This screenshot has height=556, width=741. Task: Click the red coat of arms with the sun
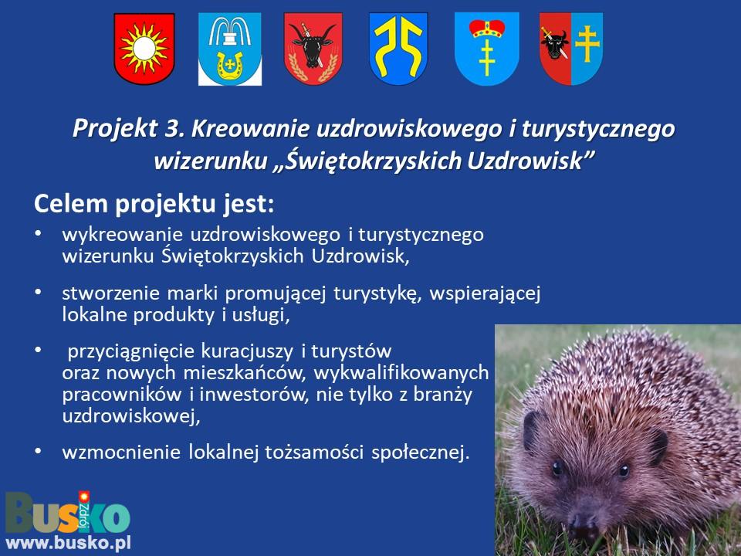(x=144, y=49)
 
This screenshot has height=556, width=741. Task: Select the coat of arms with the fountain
(x=230, y=49)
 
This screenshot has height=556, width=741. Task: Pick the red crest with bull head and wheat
(x=313, y=49)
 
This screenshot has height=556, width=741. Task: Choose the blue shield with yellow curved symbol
(x=398, y=49)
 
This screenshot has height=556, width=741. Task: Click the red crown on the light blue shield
(x=487, y=29)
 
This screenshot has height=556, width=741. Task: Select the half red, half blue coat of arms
(x=571, y=49)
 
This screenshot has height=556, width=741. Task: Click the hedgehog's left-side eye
(x=557, y=468)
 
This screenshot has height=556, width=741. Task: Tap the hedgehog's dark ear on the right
(x=658, y=446)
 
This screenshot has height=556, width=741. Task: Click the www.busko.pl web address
(x=68, y=543)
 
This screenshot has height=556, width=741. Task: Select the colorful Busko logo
(x=68, y=513)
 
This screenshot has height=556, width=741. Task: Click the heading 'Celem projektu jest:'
(x=154, y=204)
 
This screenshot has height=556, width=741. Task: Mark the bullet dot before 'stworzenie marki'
(x=39, y=292)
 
